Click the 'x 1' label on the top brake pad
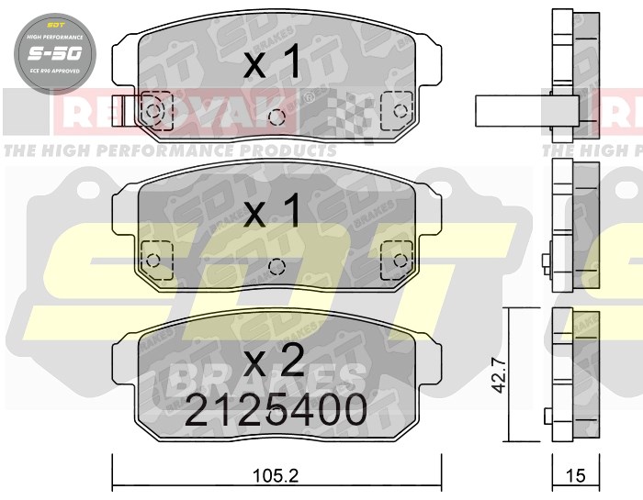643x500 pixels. coord(273,63)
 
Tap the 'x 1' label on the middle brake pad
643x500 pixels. coord(273,214)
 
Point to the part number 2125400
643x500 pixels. coord(276,410)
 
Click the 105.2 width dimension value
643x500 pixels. coord(276,476)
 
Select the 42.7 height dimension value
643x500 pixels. coord(499,375)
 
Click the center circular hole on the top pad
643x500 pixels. coord(275,117)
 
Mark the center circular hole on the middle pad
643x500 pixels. coord(276,266)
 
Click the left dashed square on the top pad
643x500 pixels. coord(153,111)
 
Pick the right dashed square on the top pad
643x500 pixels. coord(398,109)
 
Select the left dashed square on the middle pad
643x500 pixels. coord(153,256)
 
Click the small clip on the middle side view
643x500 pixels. coord(547,261)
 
